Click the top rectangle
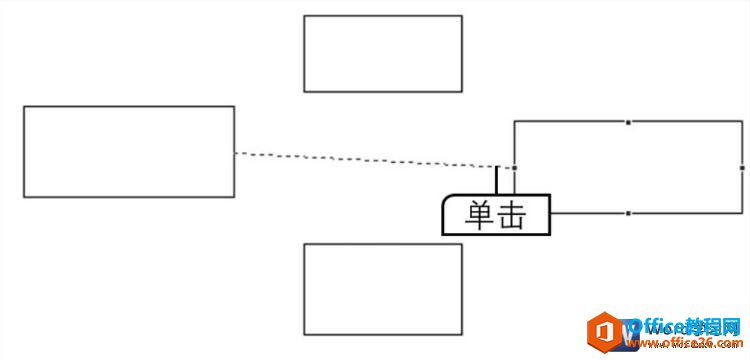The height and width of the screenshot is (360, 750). (x=383, y=53)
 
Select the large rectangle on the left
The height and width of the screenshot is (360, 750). (x=129, y=152)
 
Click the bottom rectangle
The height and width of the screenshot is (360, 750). (x=383, y=289)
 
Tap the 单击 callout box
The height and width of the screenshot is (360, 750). (x=496, y=215)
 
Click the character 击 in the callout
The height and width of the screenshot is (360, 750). (x=512, y=216)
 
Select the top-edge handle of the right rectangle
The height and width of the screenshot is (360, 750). (x=628, y=122)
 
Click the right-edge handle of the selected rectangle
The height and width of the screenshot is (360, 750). (x=742, y=167)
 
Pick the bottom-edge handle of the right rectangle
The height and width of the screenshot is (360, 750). (x=628, y=213)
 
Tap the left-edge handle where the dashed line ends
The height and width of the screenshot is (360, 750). (x=514, y=168)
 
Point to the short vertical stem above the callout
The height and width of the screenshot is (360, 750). (x=497, y=180)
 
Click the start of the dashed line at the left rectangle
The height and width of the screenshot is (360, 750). (x=237, y=153)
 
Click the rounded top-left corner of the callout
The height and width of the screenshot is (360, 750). (x=447, y=201)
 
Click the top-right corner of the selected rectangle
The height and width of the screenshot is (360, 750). (x=742, y=122)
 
